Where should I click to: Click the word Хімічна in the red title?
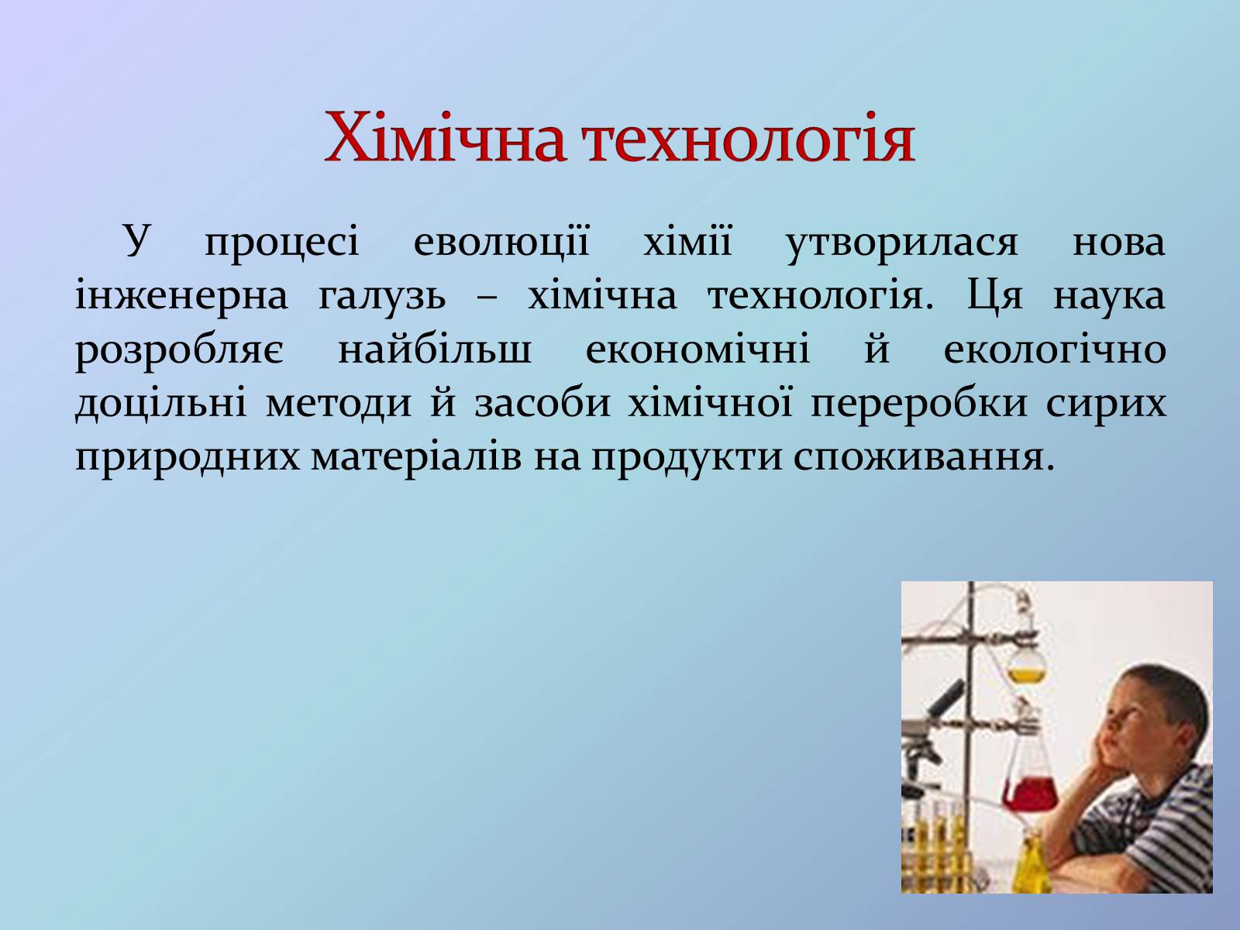tap(445, 138)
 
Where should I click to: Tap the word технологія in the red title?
tap(749, 138)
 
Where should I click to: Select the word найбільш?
tap(435, 348)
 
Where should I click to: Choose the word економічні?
tap(697, 349)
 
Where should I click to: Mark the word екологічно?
tap(1055, 349)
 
